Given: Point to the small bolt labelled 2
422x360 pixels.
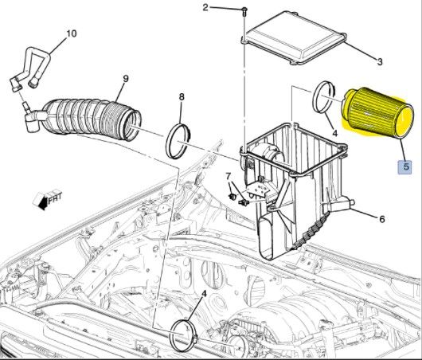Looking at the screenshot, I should [x=244, y=11].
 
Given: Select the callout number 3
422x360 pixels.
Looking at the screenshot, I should [x=380, y=62].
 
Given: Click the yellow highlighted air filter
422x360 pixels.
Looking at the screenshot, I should [x=380, y=119].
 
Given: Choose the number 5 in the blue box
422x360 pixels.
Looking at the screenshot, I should [x=406, y=167].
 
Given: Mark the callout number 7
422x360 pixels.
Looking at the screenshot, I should [x=228, y=175].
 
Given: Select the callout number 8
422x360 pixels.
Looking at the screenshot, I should [x=182, y=98].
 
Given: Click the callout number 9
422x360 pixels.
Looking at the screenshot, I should [x=125, y=78].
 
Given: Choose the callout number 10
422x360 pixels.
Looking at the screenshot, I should [x=71, y=33].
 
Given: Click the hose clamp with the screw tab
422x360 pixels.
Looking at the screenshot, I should [x=184, y=334].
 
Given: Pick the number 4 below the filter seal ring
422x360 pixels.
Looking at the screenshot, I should [x=334, y=132].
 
